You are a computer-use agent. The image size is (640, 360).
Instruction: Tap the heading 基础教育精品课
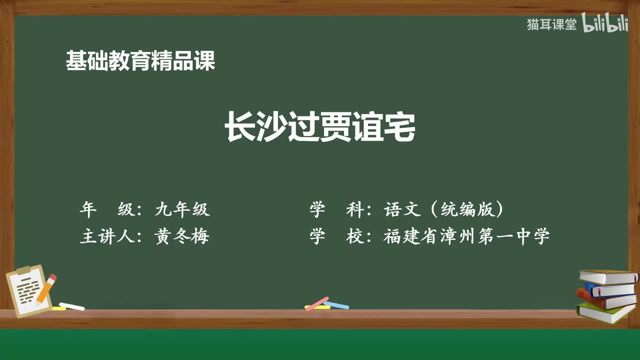pos(140,61)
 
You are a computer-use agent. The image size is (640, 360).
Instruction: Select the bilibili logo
pos(604,24)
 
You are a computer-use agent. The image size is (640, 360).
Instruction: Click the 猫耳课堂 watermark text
pos(551,24)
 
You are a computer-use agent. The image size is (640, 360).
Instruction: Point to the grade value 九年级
pos(182,209)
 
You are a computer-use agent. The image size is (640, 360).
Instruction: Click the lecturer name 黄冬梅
pos(182,236)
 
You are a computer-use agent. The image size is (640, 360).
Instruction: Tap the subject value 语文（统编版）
pos(443,209)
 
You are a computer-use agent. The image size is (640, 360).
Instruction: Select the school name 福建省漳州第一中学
pos(466,236)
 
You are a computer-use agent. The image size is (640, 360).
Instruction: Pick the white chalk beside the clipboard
pos(71,306)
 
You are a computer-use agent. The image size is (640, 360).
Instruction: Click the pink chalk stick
pos(317,303)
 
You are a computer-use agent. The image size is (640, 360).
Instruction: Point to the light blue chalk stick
pos(336,304)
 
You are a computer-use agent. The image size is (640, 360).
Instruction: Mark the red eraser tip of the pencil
pos(52,277)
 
